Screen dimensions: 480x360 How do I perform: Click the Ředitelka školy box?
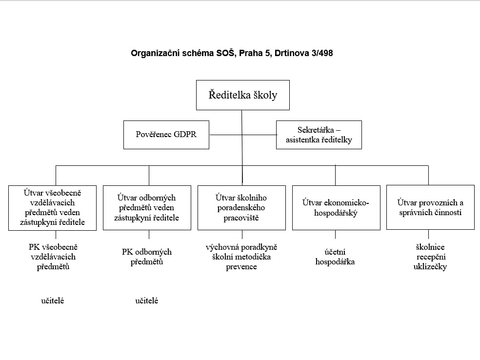pyautogui.click(x=243, y=95)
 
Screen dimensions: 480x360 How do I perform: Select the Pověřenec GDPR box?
pyautogui.click(x=166, y=135)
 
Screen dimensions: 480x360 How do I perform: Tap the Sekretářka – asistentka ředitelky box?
pyautogui.click(x=319, y=135)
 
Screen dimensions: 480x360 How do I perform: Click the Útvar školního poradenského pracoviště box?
pyautogui.click(x=241, y=207)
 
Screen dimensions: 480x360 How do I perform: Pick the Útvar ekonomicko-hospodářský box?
pyautogui.click(x=336, y=207)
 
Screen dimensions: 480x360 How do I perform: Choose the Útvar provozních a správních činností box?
pyautogui.click(x=430, y=207)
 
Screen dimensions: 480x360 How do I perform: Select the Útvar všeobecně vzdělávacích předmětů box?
pyautogui.click(x=52, y=208)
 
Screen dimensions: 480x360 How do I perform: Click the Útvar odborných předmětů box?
pyautogui.click(x=147, y=207)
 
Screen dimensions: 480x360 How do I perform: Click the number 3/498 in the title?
pyautogui.click(x=322, y=53)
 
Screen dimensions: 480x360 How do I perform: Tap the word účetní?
pyautogui.click(x=335, y=252)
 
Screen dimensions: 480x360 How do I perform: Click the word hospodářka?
pyautogui.click(x=335, y=262)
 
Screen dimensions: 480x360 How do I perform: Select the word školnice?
pyautogui.click(x=430, y=247)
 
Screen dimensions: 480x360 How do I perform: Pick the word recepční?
pyautogui.click(x=431, y=257)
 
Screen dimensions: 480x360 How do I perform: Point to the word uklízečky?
pyautogui.click(x=430, y=267)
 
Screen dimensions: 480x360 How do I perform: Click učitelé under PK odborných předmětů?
pyautogui.click(x=147, y=300)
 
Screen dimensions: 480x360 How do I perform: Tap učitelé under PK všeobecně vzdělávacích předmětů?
pyautogui.click(x=53, y=300)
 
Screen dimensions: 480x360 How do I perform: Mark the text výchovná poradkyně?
pyautogui.click(x=241, y=247)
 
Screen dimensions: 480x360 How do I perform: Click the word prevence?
pyautogui.click(x=241, y=267)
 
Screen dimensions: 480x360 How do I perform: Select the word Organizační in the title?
pyautogui.click(x=155, y=53)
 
